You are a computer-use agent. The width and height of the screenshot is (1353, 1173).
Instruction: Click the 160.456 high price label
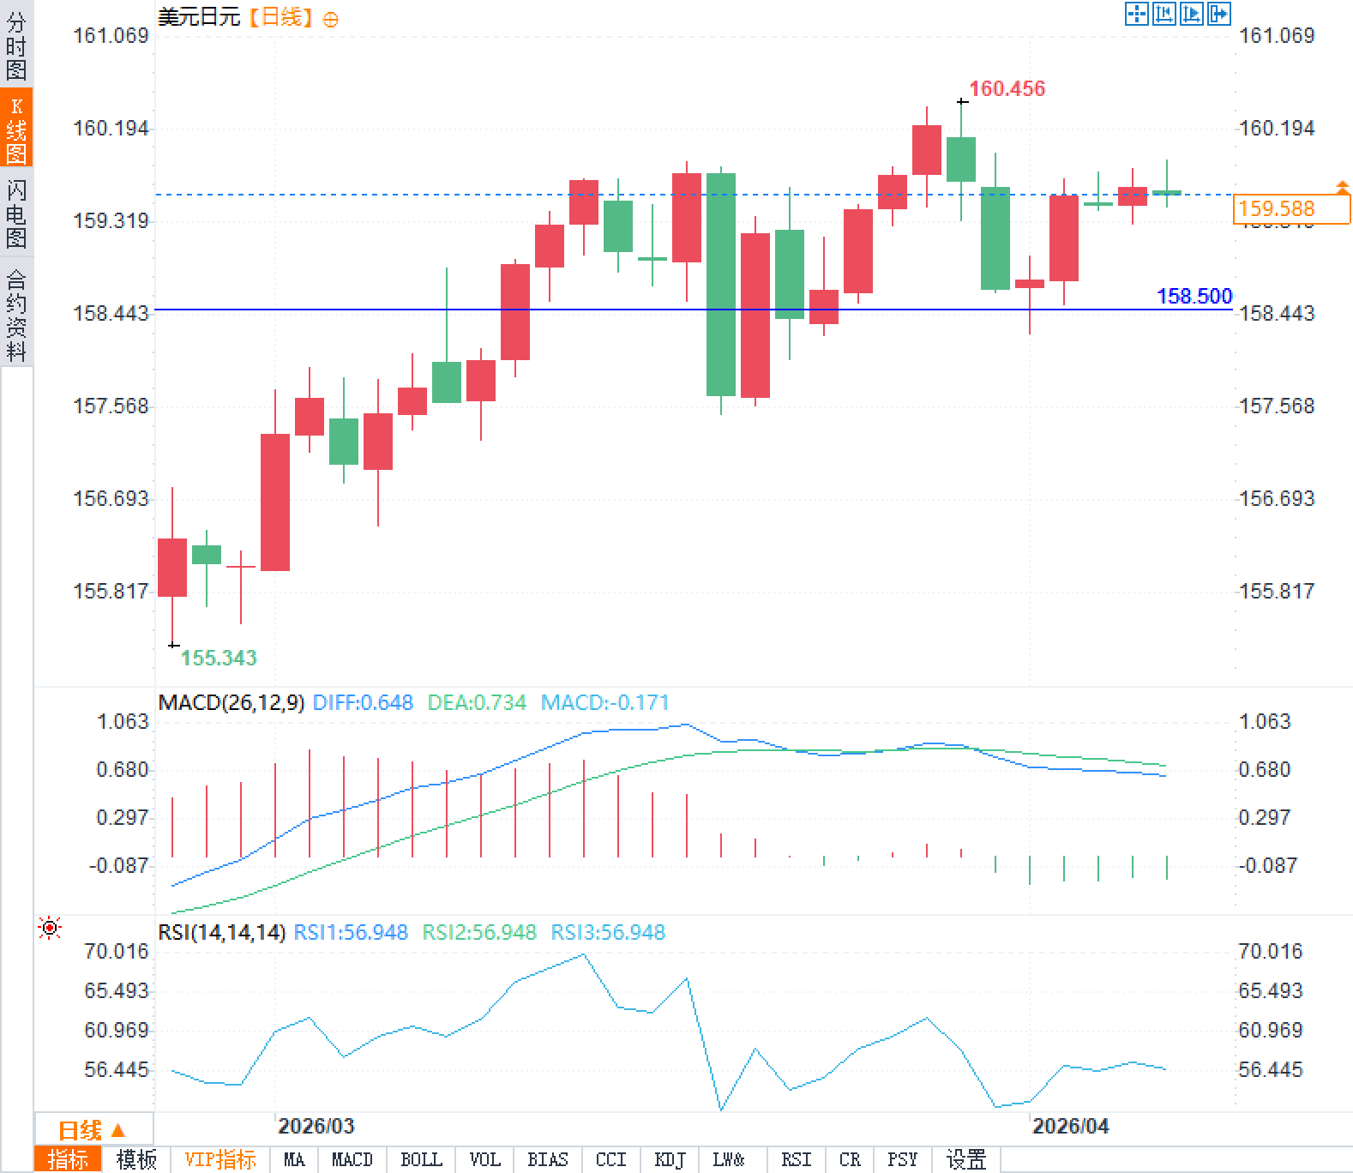click(1007, 88)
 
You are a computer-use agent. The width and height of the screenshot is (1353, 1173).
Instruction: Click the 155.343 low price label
click(219, 658)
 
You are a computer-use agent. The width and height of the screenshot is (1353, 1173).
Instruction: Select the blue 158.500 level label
click(1194, 296)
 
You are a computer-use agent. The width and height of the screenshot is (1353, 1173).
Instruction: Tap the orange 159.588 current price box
click(1291, 208)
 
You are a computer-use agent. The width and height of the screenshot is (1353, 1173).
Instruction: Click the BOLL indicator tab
click(421, 1159)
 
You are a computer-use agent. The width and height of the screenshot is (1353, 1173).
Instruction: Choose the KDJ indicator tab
click(670, 1159)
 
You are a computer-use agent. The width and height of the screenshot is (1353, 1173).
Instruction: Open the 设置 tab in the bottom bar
click(966, 1159)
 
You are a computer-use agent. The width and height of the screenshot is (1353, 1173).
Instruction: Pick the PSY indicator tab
click(902, 1159)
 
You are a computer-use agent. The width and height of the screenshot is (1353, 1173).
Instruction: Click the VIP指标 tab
click(220, 1159)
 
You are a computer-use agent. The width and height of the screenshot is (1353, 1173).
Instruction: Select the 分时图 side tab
click(16, 45)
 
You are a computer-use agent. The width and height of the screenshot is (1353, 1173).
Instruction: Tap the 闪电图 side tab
click(16, 214)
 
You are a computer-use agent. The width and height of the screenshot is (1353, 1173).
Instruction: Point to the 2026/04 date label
click(1070, 1126)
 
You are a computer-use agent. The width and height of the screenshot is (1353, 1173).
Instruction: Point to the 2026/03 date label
click(316, 1126)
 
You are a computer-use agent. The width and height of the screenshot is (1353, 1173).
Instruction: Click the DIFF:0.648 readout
click(363, 703)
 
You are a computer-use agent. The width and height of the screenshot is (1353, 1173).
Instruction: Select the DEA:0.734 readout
click(477, 703)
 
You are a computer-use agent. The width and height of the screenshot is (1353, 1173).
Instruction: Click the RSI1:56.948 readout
click(351, 932)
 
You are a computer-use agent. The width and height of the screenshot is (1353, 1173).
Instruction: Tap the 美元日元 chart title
click(199, 17)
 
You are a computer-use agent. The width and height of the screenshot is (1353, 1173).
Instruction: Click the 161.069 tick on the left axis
click(111, 35)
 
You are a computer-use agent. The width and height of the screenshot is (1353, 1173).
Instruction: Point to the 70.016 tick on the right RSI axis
click(1270, 951)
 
